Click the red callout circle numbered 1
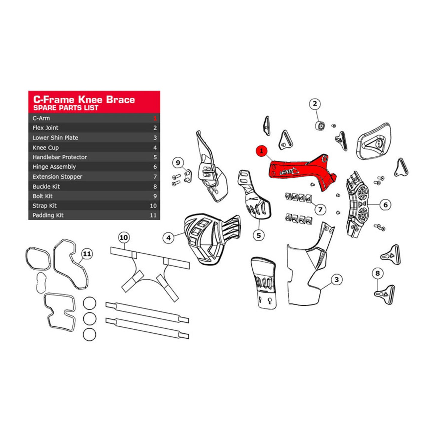(x=262, y=151)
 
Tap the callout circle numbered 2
(x=315, y=104)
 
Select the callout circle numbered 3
(x=337, y=280)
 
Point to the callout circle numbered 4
(x=168, y=238)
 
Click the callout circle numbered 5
(x=259, y=235)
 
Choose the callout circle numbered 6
(x=385, y=205)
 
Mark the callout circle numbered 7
(x=320, y=209)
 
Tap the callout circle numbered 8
(x=378, y=273)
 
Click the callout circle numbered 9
(x=178, y=163)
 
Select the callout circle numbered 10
(x=123, y=238)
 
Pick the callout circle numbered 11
(x=87, y=254)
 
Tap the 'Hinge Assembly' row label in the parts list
(x=54, y=167)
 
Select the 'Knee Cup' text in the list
(x=46, y=148)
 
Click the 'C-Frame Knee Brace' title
(x=84, y=99)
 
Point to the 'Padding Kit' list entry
(x=48, y=215)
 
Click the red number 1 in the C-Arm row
(x=155, y=118)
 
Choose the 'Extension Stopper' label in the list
(x=57, y=177)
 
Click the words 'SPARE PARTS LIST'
(x=66, y=108)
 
